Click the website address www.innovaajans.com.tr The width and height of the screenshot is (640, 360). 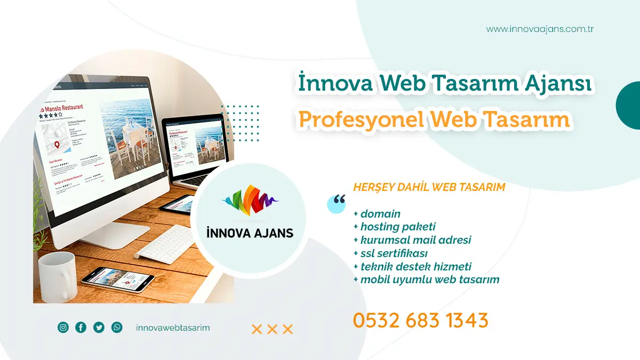(x=540, y=29)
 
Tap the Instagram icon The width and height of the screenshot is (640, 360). (x=63, y=327)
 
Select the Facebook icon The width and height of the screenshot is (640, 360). (x=81, y=327)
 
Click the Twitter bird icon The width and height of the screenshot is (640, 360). (x=99, y=327)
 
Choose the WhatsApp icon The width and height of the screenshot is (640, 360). (x=117, y=327)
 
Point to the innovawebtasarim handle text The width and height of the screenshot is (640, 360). (x=173, y=327)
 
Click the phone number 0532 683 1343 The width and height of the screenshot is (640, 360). (x=420, y=321)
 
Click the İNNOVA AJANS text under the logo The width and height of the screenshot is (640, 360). (x=250, y=233)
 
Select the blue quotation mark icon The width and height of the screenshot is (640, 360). (x=337, y=203)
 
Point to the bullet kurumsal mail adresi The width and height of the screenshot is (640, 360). (x=412, y=240)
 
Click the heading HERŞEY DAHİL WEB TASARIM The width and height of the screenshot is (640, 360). (x=429, y=187)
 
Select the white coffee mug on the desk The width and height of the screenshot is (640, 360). (x=57, y=276)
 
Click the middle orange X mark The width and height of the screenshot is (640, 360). (x=272, y=329)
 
